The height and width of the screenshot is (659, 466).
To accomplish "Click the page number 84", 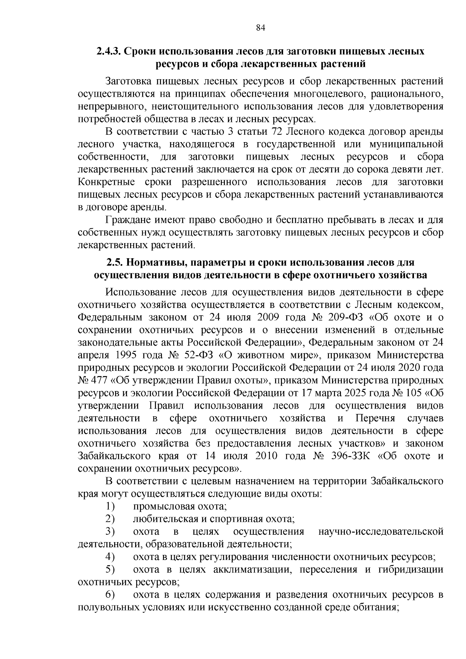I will tap(261, 28).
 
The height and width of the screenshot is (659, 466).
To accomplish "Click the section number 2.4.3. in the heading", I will tap(110, 51).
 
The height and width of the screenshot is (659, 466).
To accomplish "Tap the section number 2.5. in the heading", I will tap(115, 263).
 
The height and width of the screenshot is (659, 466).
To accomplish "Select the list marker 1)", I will tap(110, 506).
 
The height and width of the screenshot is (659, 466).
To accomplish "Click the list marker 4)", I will tap(110, 557).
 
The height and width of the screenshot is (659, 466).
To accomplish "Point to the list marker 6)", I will tap(110, 595).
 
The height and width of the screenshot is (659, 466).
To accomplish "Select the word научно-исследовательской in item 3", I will tap(381, 532).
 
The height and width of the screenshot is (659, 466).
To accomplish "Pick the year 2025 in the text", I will tap(354, 393).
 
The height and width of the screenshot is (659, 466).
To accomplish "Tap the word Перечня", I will tap(375, 418).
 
